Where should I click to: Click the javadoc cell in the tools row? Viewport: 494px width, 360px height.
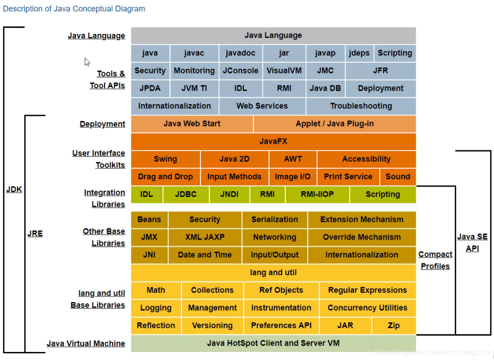[x=241, y=53]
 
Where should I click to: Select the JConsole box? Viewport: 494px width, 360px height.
[x=241, y=71]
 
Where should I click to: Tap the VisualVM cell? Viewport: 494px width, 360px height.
[x=284, y=71]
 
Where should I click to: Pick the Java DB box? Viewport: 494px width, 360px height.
[x=326, y=89]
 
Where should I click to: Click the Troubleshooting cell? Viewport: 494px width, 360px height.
[x=361, y=106]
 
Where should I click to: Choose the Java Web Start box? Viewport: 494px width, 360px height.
[x=192, y=124]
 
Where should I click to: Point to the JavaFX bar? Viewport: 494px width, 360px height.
[x=273, y=142]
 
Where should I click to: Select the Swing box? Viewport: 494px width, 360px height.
[x=166, y=159]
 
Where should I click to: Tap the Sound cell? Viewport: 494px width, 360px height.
[x=398, y=177]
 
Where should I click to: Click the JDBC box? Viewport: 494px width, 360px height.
[x=186, y=194]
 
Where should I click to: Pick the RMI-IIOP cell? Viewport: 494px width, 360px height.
[x=317, y=194]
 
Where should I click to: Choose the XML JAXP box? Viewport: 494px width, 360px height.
[x=205, y=237]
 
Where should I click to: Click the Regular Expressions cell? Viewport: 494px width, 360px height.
[x=368, y=290]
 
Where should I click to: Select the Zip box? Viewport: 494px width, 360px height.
[x=394, y=326]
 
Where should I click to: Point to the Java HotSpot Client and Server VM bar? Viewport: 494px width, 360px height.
[x=273, y=343]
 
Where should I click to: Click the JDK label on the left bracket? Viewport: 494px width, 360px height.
[x=14, y=189]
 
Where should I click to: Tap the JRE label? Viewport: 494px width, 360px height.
[x=35, y=234]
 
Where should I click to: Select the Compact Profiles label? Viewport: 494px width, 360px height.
[x=435, y=260]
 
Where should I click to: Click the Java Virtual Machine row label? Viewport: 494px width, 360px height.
[x=86, y=343]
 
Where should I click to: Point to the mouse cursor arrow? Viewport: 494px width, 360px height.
[x=87, y=62]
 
